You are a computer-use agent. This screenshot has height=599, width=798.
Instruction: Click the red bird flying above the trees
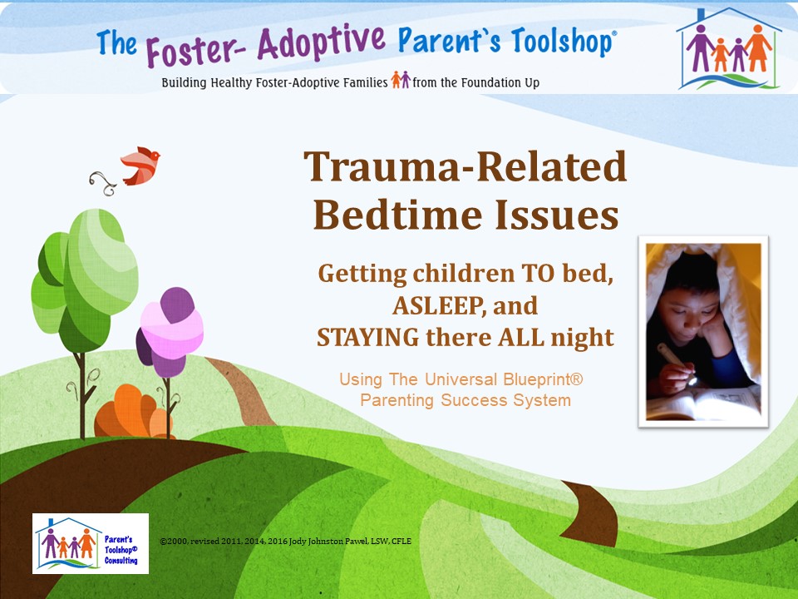tap(140, 166)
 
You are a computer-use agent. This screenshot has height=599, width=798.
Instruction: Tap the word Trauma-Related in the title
tap(465, 166)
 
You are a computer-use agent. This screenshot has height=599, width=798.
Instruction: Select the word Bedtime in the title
tap(398, 215)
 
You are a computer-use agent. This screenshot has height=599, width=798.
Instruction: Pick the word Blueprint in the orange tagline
tap(543, 379)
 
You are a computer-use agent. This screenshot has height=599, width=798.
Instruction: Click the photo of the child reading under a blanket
tap(703, 332)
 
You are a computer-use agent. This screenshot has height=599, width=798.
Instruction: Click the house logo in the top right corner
tap(728, 49)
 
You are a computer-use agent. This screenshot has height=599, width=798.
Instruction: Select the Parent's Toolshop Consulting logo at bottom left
tap(91, 543)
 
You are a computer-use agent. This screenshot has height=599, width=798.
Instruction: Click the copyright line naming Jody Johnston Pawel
tap(285, 542)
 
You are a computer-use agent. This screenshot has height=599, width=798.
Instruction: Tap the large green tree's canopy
tap(85, 280)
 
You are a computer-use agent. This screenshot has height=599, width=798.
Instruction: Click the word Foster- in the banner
tap(196, 49)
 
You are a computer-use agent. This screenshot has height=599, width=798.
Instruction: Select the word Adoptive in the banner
tap(322, 41)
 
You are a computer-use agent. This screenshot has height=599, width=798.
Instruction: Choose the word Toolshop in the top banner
tap(562, 41)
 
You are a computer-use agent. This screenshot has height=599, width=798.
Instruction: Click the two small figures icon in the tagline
tap(401, 80)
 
